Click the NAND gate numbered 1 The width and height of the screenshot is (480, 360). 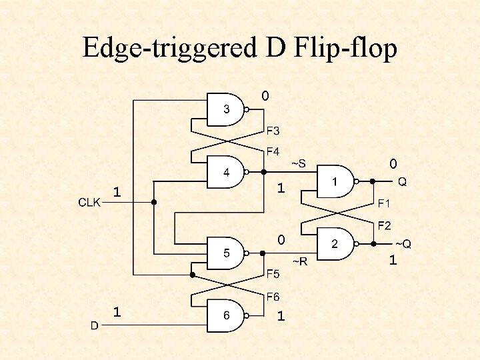point(335,181)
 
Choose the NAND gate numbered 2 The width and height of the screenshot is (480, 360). point(335,245)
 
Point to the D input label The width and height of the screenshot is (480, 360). point(95,325)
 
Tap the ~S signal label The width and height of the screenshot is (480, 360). point(298,163)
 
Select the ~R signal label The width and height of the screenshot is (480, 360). point(299,261)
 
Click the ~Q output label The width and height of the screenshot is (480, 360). point(403,244)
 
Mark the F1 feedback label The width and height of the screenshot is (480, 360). point(385,203)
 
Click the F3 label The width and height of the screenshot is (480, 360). point(273,130)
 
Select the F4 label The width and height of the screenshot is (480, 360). point(273,152)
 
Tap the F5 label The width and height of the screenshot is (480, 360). point(273,273)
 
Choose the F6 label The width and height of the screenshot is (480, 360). point(273,296)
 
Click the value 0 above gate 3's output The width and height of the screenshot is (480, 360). point(265,97)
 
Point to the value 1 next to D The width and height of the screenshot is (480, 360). point(117,311)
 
